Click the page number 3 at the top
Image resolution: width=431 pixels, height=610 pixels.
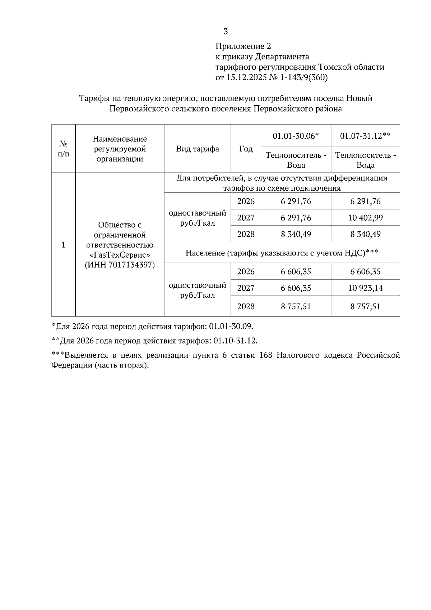pos(226,32)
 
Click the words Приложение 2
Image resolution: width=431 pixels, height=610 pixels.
pos(243,46)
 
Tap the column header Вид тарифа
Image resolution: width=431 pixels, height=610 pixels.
pos(198,149)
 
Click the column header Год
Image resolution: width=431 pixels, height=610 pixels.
pos(246,149)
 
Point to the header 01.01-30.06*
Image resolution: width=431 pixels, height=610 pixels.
pos(296,136)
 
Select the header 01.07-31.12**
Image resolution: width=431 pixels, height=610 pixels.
pos(365,136)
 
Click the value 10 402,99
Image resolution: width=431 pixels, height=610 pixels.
pos(365,218)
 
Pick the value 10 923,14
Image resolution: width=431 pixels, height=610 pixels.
pos(365,288)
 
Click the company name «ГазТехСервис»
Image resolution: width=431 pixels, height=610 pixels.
pos(120,255)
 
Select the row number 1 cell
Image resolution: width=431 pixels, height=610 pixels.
pos(63,245)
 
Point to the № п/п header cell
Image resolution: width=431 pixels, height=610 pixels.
pos(63,148)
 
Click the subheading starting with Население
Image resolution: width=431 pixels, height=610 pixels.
pos(282,253)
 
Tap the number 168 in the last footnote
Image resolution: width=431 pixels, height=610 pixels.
pos(265,356)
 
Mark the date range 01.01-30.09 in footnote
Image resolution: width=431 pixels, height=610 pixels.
pos(231,327)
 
